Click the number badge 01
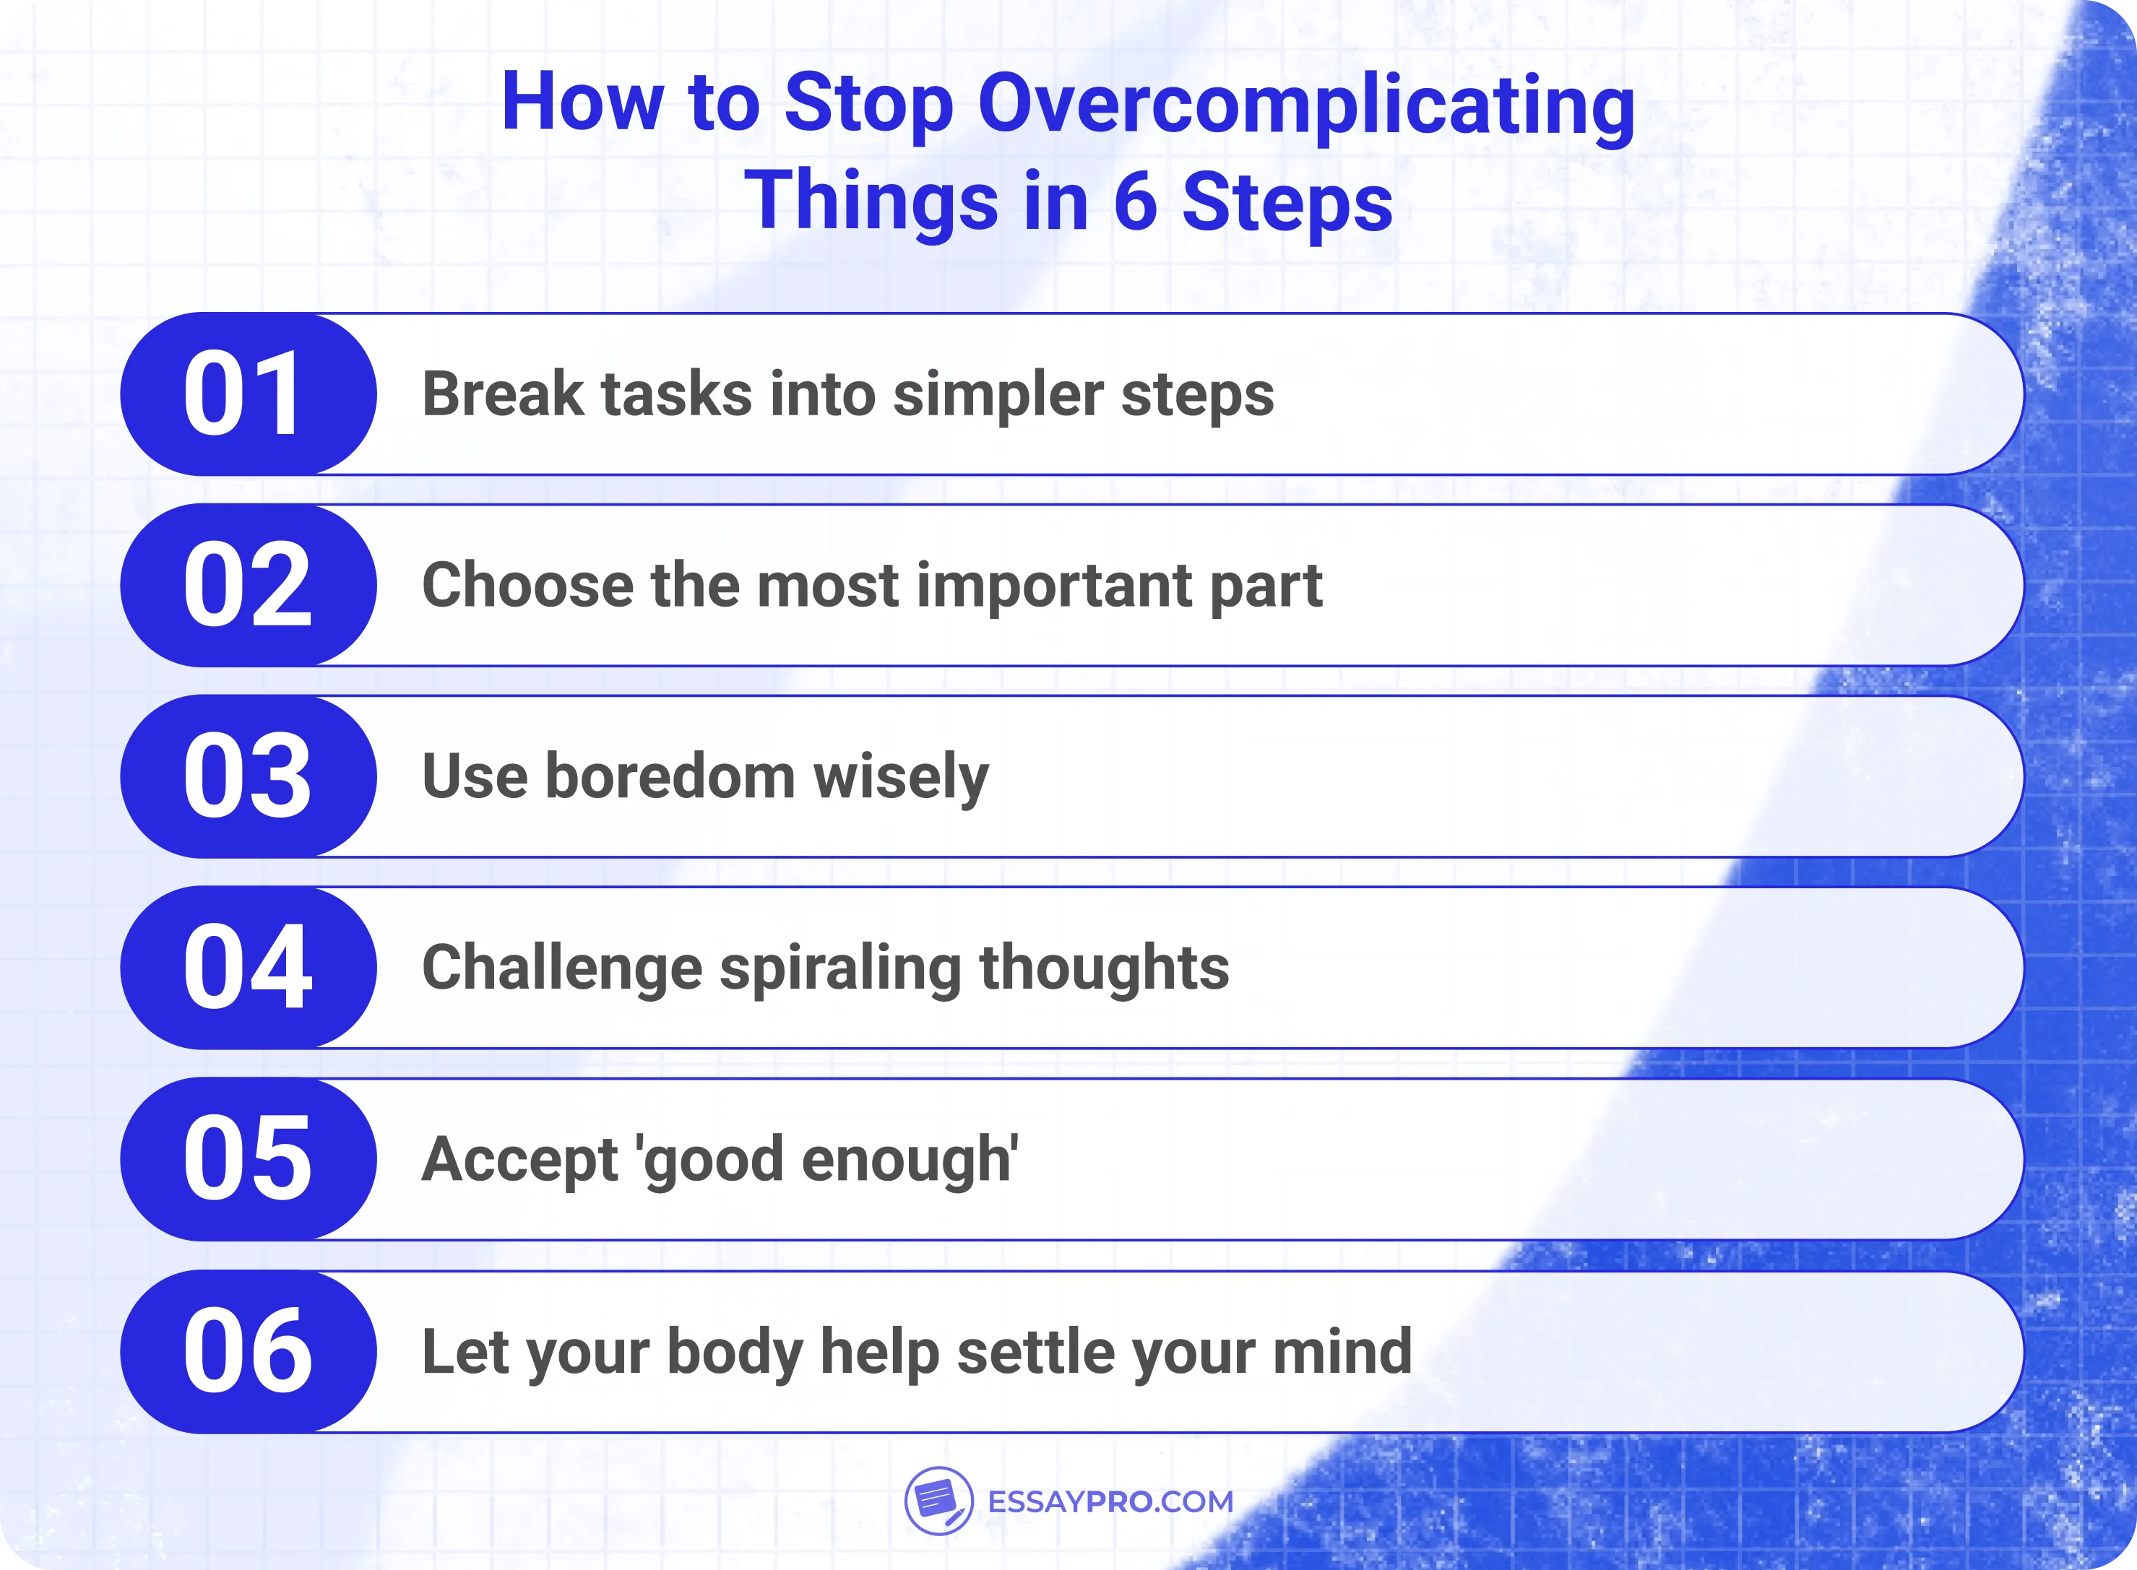coord(247,394)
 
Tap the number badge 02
coord(247,586)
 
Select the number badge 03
coord(247,776)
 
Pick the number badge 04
coord(247,968)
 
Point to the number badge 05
coord(247,1159)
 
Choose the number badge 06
coord(247,1351)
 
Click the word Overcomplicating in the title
coord(1306,105)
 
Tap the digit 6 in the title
coord(1135,201)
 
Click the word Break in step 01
coord(503,394)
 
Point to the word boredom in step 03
coord(670,776)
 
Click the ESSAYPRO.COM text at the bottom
coord(1110,1501)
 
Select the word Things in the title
coord(871,201)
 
